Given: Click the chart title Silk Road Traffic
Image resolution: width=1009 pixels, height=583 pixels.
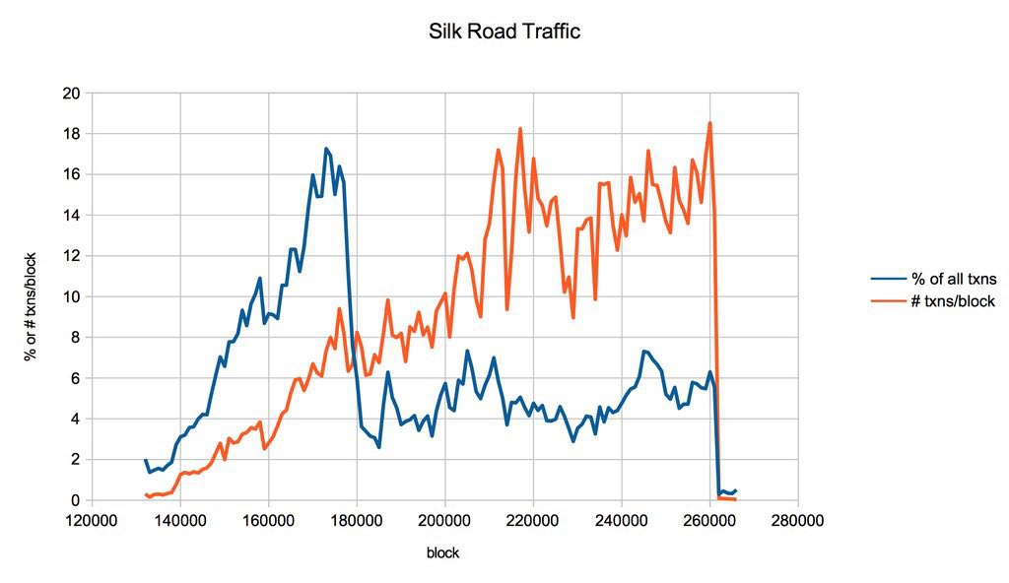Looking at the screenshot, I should pyautogui.click(x=504, y=32).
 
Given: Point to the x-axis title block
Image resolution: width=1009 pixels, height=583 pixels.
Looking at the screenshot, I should pyautogui.click(x=442, y=553).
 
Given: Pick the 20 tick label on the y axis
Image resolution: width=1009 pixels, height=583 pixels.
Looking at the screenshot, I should pyautogui.click(x=71, y=94).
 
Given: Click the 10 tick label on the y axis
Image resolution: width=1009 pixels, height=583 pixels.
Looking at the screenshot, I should pyautogui.click(x=71, y=296).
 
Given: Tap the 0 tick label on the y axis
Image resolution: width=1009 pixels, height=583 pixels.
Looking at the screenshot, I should pyautogui.click(x=75, y=500).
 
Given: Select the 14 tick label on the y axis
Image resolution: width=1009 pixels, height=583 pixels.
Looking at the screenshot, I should pyautogui.click(x=71, y=215).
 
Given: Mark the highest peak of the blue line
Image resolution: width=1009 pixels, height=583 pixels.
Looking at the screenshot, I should pyautogui.click(x=326, y=149).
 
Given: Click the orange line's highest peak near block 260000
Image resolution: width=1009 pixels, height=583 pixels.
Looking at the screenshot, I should pyautogui.click(x=709, y=123).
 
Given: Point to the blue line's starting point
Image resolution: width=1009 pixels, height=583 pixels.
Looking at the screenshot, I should pyautogui.click(x=145, y=460).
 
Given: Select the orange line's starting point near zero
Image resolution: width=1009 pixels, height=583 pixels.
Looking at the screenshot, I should pyautogui.click(x=145, y=494).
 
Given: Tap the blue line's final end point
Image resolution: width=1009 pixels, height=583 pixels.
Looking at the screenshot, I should pyautogui.click(x=736, y=490).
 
